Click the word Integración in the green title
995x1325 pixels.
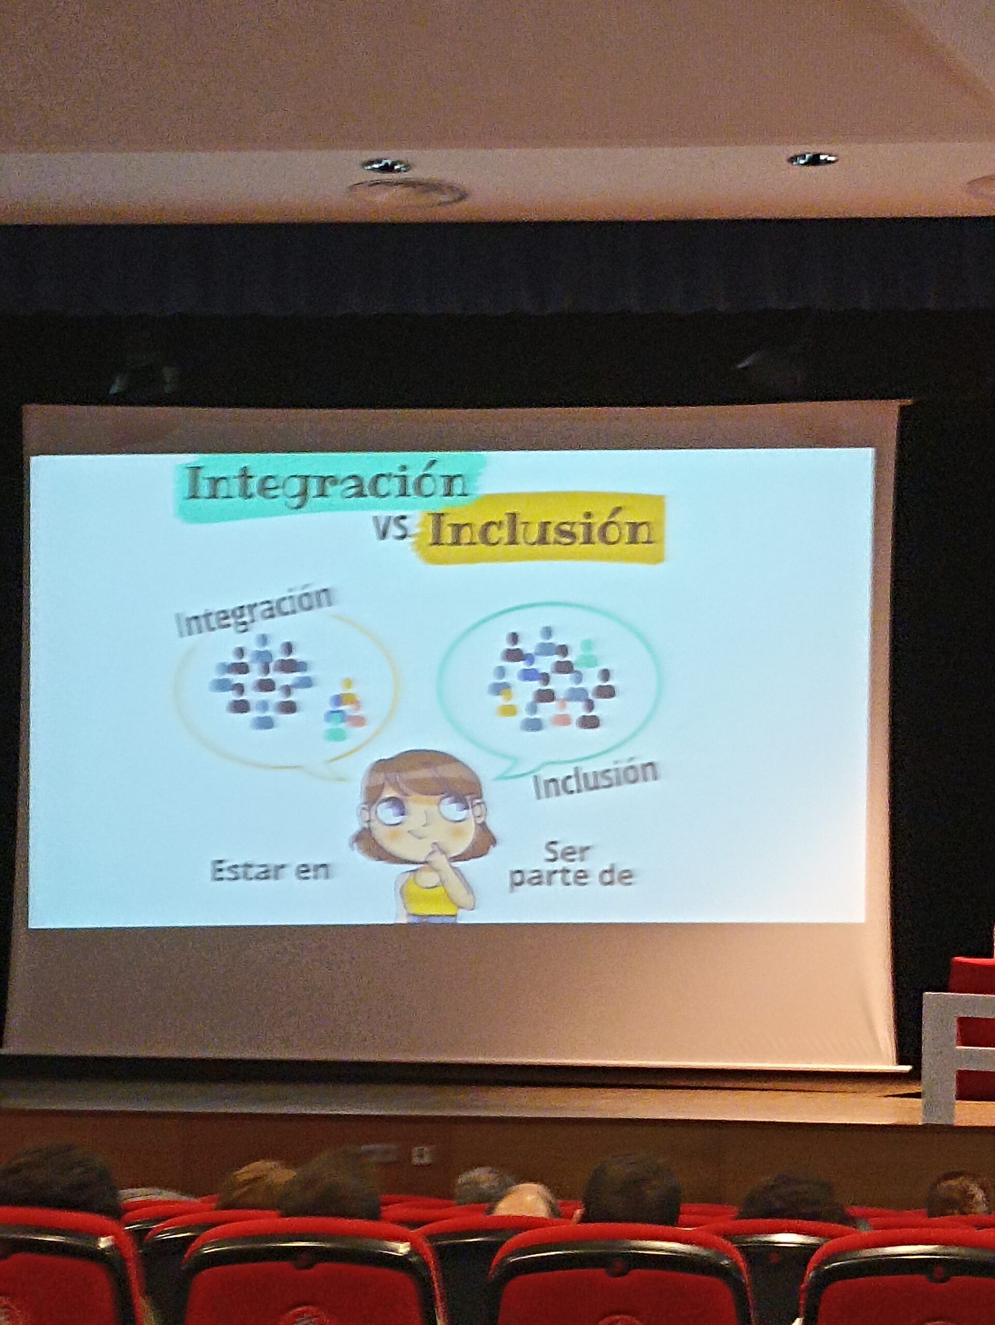coord(327,484)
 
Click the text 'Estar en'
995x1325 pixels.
coord(270,871)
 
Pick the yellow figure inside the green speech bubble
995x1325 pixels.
coord(507,704)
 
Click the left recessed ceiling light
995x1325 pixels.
coord(386,165)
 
